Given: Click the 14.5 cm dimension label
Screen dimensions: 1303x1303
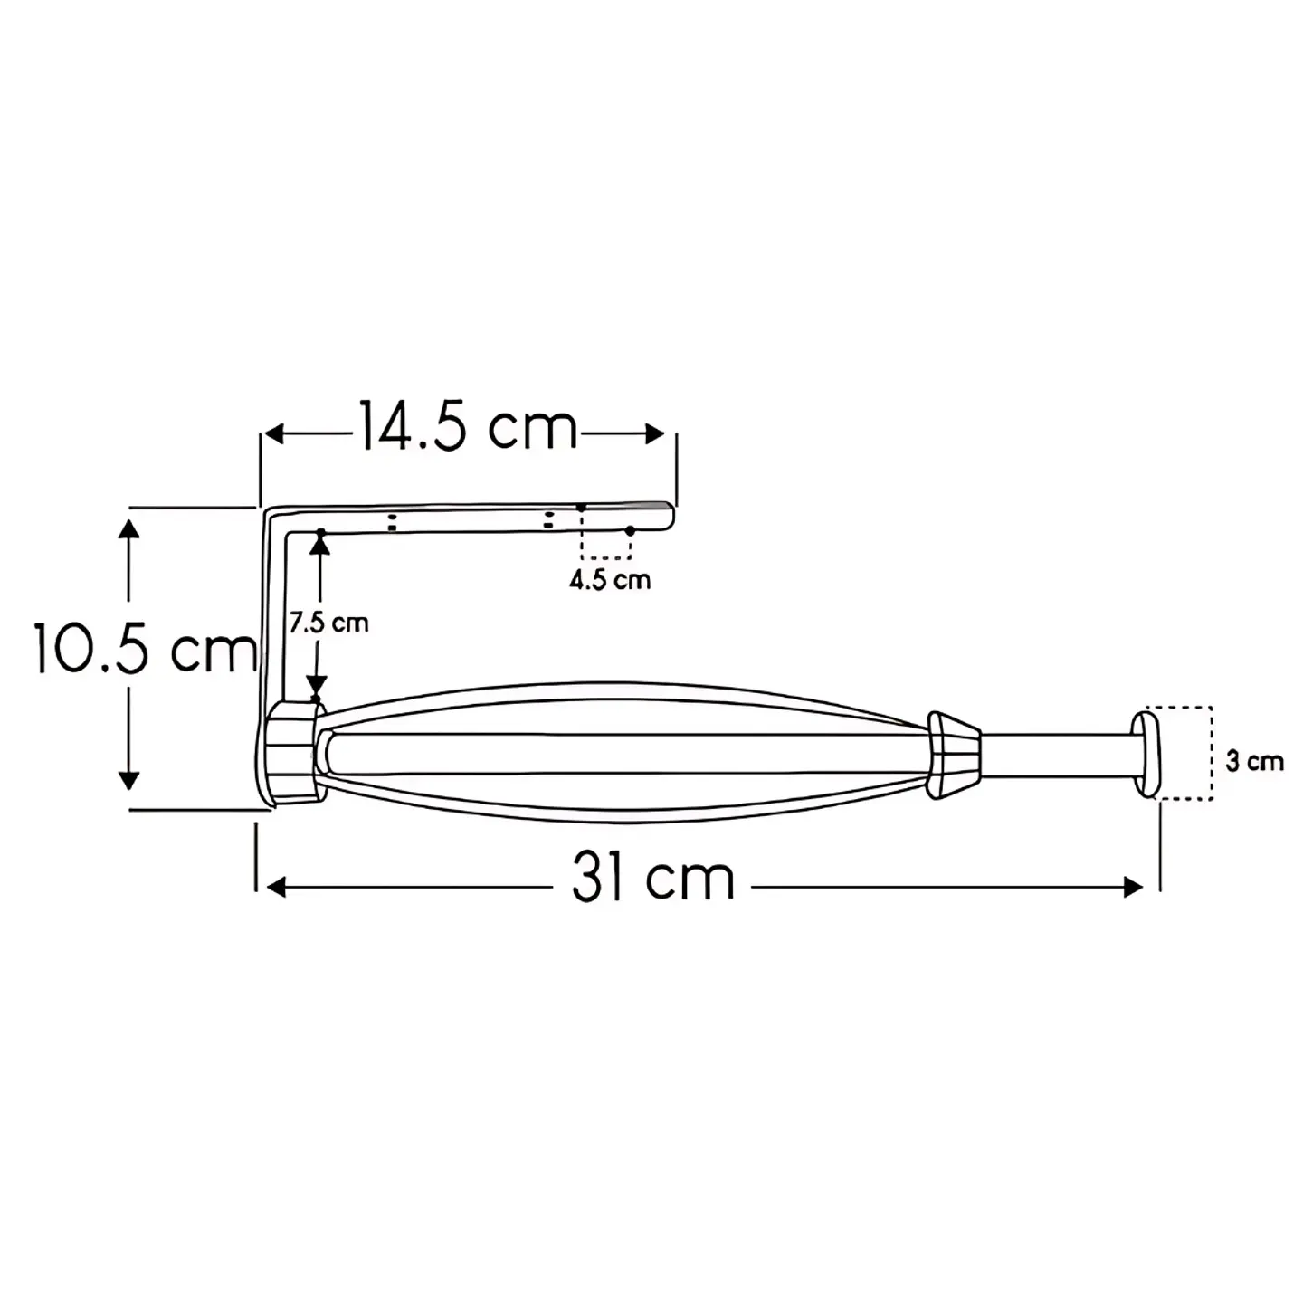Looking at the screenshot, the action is point(468,427).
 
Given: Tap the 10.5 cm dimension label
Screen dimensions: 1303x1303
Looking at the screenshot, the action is point(145,649).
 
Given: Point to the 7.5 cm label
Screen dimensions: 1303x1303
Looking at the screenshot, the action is point(329,623).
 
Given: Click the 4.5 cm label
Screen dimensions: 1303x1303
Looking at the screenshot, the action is point(610,580).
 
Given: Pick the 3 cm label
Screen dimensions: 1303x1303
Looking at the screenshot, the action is point(1255,762).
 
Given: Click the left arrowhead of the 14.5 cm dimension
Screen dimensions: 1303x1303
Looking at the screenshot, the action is point(273,434).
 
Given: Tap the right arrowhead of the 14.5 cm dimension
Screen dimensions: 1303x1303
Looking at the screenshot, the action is point(654,434).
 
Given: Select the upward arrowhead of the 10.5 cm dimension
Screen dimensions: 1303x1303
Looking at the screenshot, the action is point(128,528).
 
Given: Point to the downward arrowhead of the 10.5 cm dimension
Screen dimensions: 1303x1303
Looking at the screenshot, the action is point(128,781).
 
